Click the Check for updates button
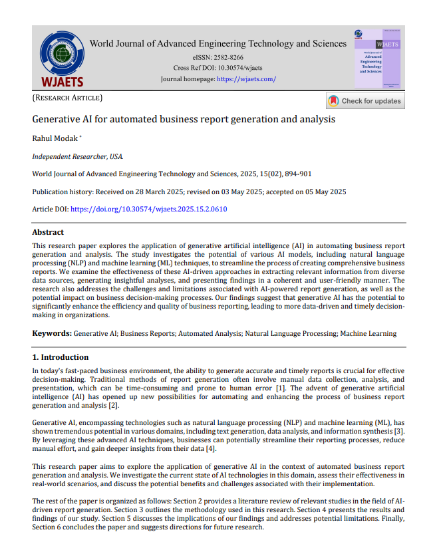365,101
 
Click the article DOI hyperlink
149,209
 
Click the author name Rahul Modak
55,138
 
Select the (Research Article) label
67,98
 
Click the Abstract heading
48,233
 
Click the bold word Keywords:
52,333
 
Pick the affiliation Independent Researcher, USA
77,157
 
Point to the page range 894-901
297,174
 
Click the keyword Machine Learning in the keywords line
368,333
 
